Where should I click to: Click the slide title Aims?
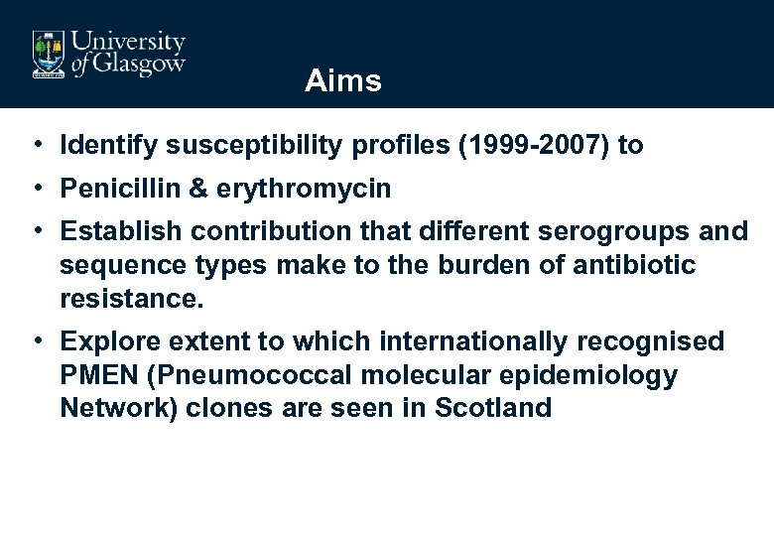pyautogui.click(x=342, y=80)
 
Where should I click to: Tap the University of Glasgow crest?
pyautogui.click(x=48, y=53)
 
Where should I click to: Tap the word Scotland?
pyautogui.click(x=493, y=409)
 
